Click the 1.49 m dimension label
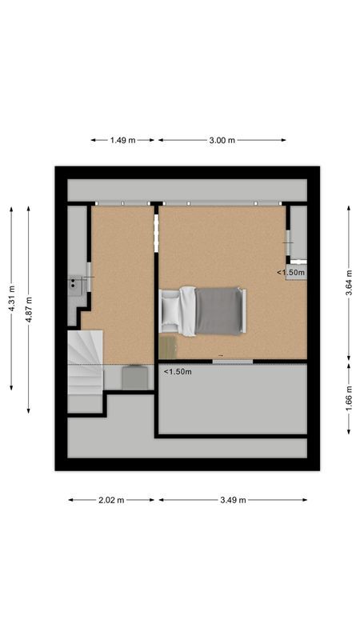coord(122,140)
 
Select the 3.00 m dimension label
coord(222,140)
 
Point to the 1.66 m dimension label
coord(349,398)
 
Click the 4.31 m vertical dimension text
coord(11,298)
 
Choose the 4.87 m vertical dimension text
coord(29,309)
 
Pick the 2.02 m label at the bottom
coord(111,500)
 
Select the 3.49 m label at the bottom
coord(233,500)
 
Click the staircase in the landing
coord(84,373)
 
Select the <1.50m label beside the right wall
coord(291,273)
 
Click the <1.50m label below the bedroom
coord(178,372)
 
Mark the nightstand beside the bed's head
coord(168,346)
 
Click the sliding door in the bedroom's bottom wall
coord(232,362)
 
